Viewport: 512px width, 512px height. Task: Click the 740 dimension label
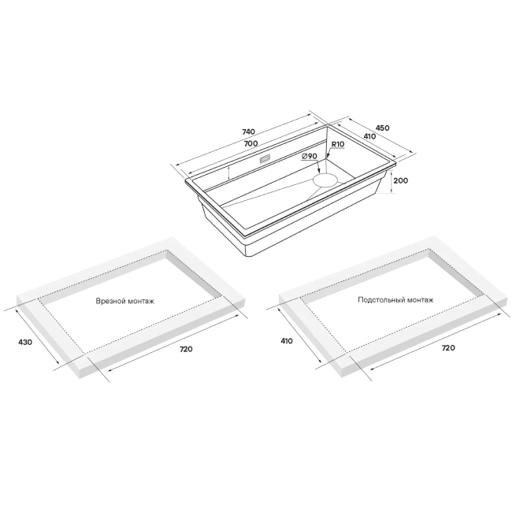[x=248, y=132]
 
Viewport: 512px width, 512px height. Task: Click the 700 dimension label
[x=250, y=143]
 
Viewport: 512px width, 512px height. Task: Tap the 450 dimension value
[x=382, y=128]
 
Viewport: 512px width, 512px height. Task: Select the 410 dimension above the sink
[x=369, y=136]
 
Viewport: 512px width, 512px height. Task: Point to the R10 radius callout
[x=338, y=144]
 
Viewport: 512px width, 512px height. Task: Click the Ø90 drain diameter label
[x=310, y=157]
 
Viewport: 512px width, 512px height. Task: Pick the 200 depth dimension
[x=401, y=180]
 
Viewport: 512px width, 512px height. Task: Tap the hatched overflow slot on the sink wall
[x=265, y=159]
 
